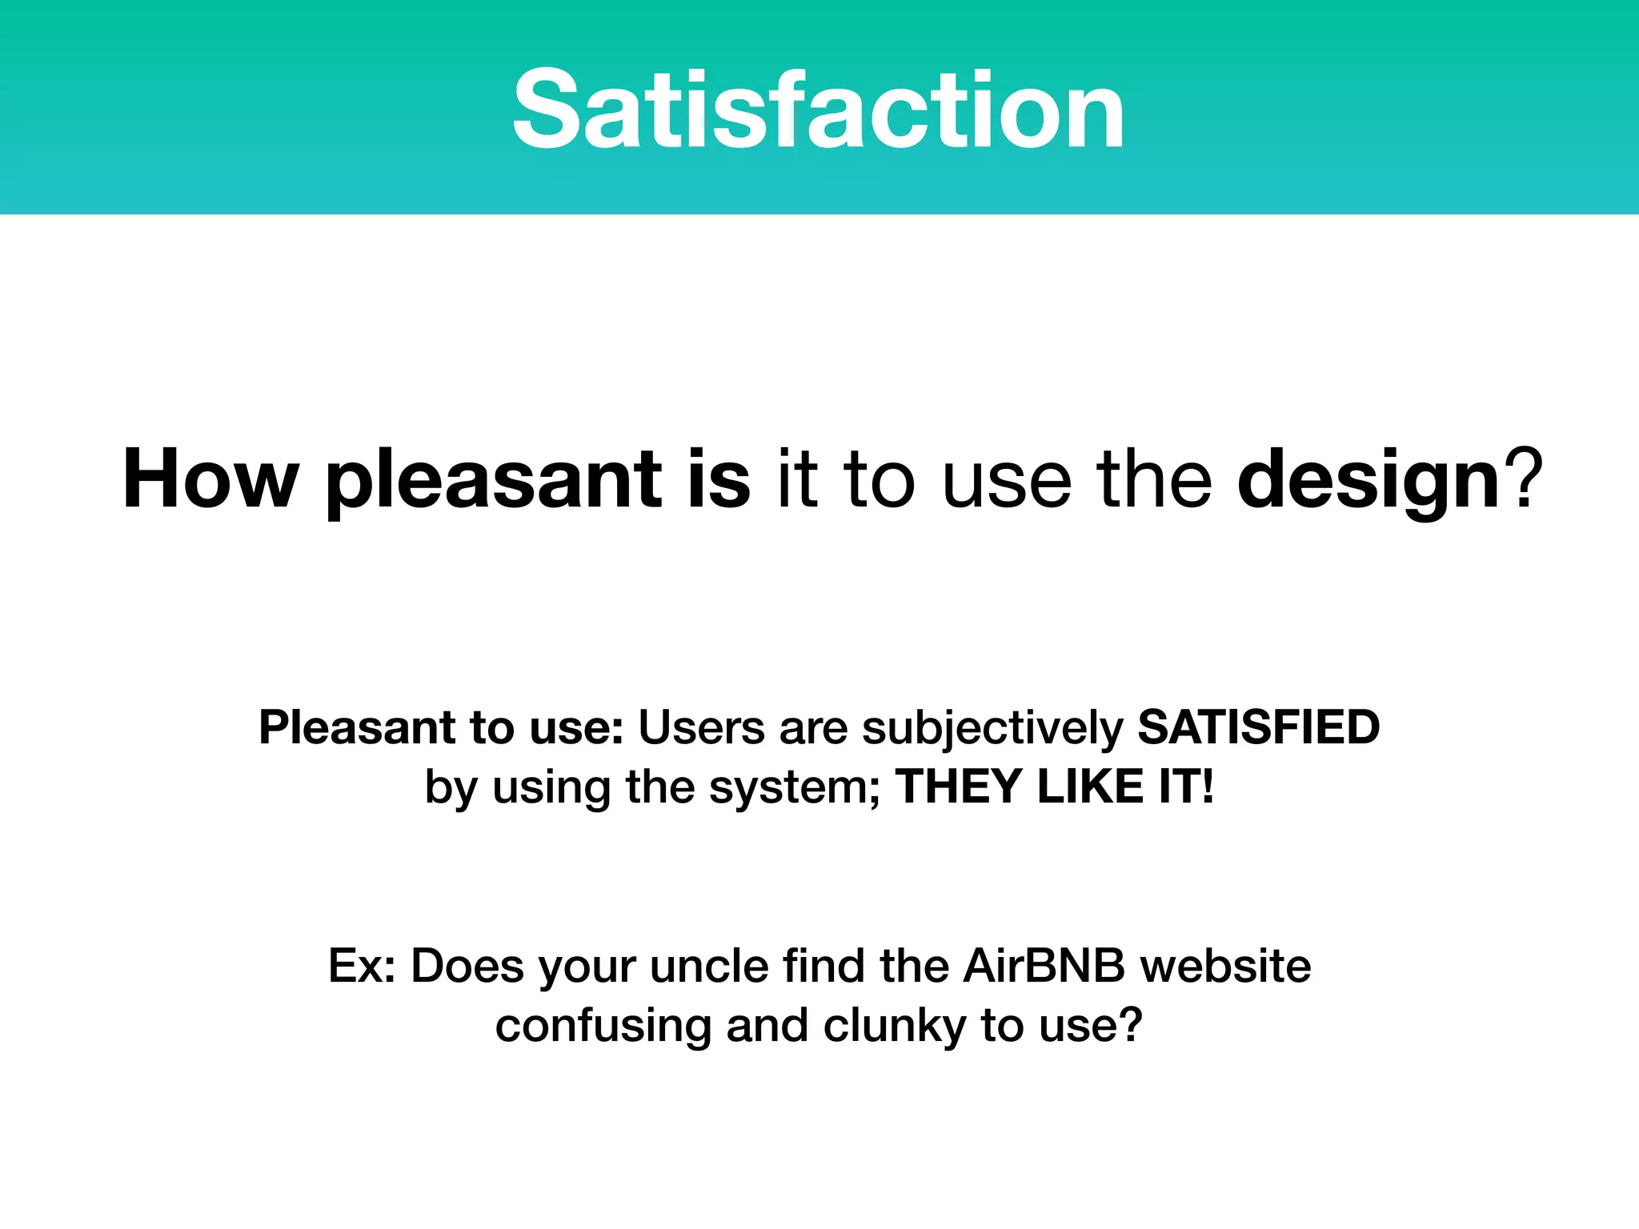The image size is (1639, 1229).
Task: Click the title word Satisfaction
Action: coord(818,110)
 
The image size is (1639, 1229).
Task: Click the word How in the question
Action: coord(210,479)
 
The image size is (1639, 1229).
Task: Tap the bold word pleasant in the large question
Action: coord(493,481)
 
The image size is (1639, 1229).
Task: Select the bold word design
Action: coord(1368,481)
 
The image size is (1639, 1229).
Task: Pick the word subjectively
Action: coord(992,730)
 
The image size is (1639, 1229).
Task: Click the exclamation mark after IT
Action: coord(1207,786)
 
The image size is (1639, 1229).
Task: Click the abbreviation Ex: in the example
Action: coord(362,966)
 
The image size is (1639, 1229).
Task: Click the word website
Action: coord(1225,966)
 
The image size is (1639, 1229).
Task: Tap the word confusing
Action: coord(603,1027)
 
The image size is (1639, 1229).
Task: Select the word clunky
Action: coord(895,1027)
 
